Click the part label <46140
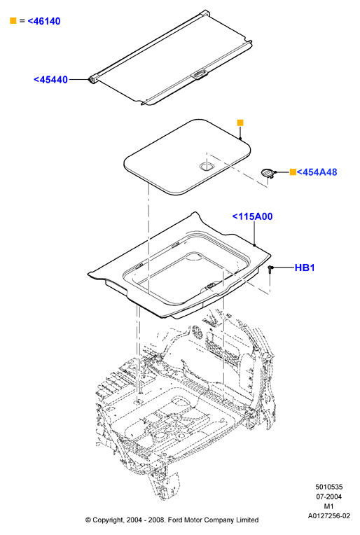pos(44,21)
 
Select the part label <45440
pos(50,80)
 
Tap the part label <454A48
pos(317,172)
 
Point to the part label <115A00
pos(252,216)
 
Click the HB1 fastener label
pos(305,267)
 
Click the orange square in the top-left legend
pos(13,21)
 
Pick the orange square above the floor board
pos(240,123)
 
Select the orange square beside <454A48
pos(293,172)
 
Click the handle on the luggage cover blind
pos(200,74)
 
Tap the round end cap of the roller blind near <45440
pos(92,80)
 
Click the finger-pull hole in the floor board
pos(206,167)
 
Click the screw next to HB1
pos(270,270)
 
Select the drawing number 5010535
pos(328,487)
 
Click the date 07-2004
pos(328,496)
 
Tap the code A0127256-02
pos(328,516)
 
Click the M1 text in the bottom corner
pos(328,506)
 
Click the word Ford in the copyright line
pos(174,520)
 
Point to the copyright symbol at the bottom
pos(88,520)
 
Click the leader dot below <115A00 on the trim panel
pos(254,245)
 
